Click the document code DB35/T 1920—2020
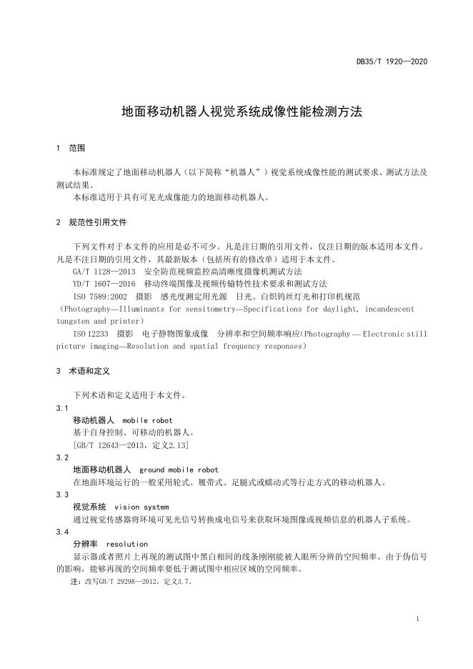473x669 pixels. pos(392,61)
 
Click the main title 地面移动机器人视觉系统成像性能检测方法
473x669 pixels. pos(242,112)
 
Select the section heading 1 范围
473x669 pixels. pos(71,148)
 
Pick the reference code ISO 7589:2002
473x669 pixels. pos(100,296)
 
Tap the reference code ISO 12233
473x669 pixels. pos(91,333)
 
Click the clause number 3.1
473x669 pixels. pos(62,407)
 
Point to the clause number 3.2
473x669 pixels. pos(62,457)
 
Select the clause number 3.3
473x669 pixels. pos(62,495)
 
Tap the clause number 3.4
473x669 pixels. pos(62,532)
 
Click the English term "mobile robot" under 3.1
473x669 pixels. pos(147,420)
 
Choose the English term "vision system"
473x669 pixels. pos(141,507)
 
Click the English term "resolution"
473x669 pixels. pos(126,544)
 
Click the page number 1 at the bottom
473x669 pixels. pos(417,619)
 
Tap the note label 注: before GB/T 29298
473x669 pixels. pos(76,582)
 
